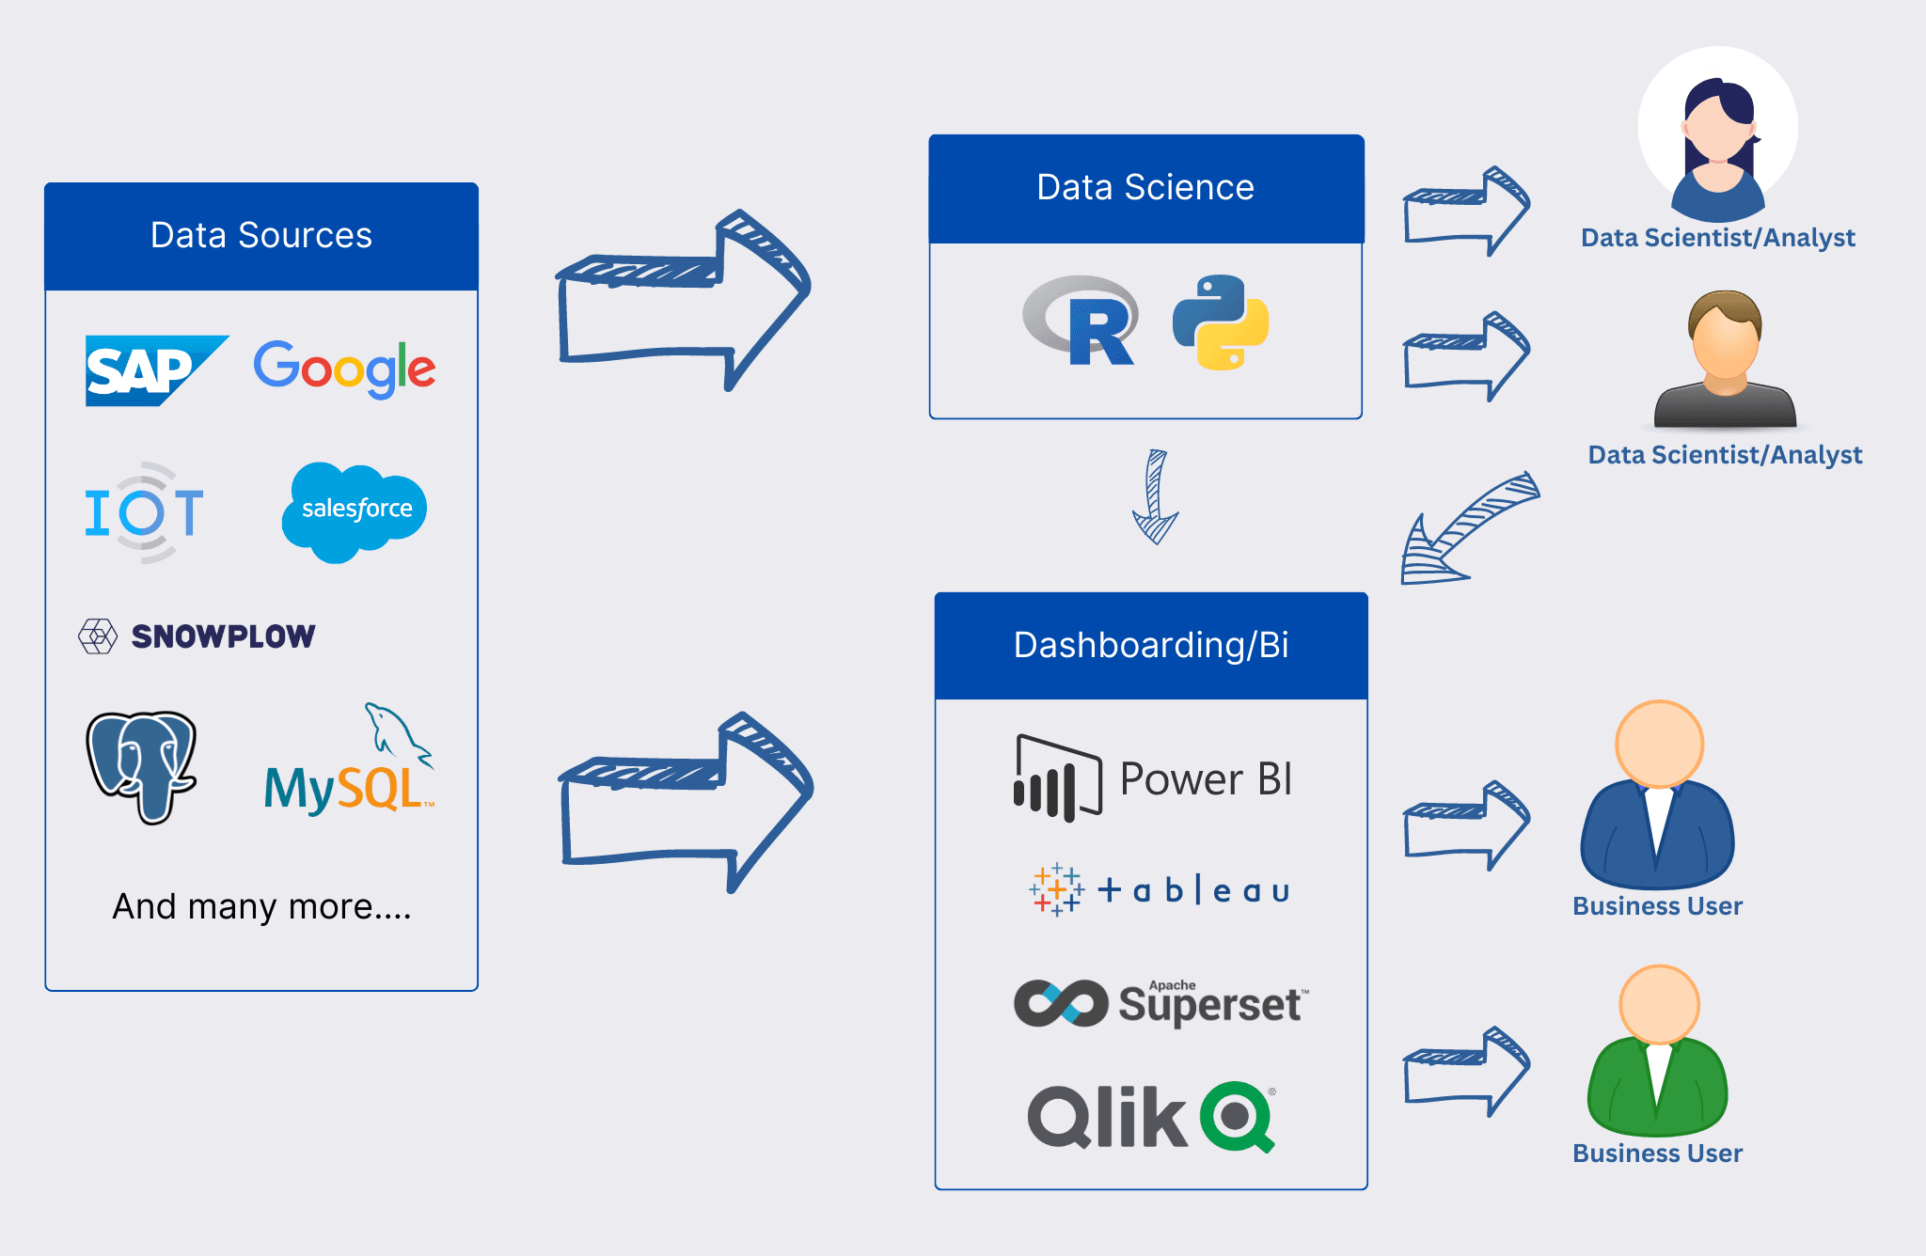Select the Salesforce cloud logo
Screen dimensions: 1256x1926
[x=355, y=510]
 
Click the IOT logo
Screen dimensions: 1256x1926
[x=144, y=512]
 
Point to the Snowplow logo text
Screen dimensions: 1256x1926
[x=222, y=636]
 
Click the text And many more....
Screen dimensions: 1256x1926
[x=261, y=906]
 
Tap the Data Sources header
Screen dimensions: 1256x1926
[x=261, y=236]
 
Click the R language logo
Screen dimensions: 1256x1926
[x=1081, y=321]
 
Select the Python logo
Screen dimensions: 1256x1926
[x=1221, y=322]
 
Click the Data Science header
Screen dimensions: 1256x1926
[x=1145, y=188]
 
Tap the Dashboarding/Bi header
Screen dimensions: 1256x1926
[x=1151, y=646]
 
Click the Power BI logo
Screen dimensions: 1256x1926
[x=1153, y=778]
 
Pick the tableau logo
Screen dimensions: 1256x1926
[x=1159, y=889]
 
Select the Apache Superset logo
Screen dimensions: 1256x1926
[x=1160, y=1003]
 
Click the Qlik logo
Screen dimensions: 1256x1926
[x=1151, y=1117]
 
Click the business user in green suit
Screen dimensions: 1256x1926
[x=1658, y=1053]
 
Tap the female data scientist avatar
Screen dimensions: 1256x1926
[x=1718, y=136]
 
